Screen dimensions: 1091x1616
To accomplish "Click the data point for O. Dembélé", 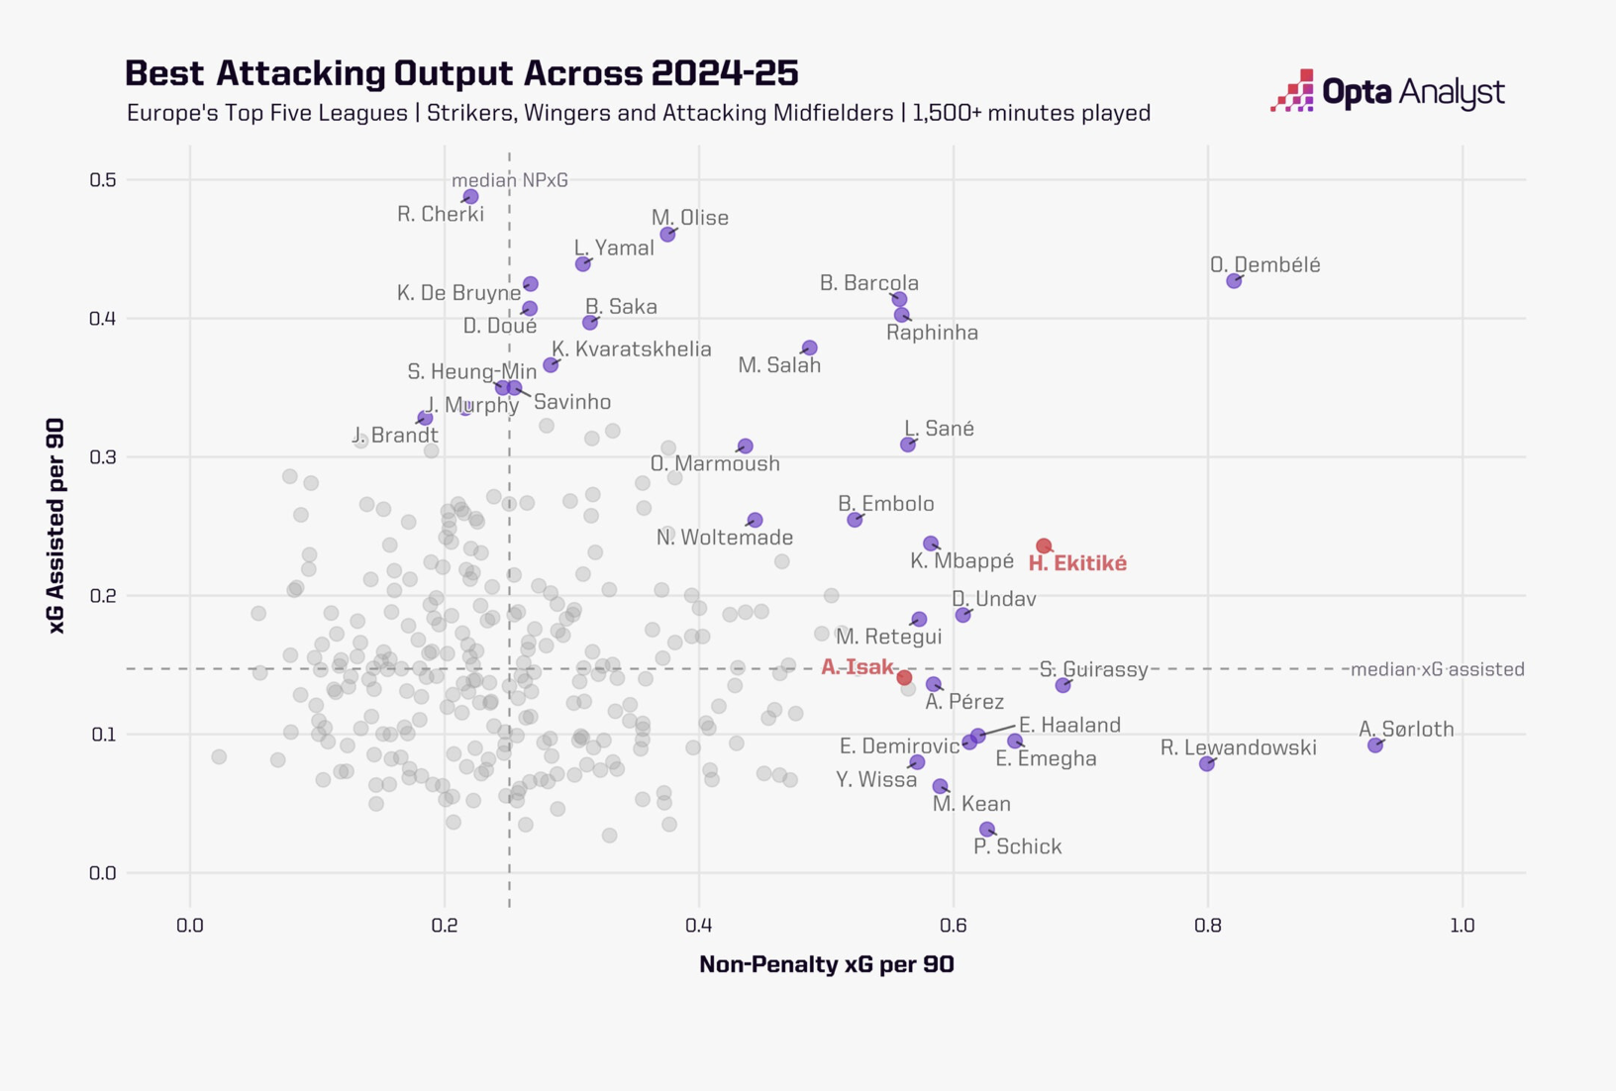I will tap(1234, 281).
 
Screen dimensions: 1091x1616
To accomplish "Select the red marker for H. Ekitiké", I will tap(1044, 545).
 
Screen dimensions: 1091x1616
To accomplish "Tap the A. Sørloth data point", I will tap(1375, 745).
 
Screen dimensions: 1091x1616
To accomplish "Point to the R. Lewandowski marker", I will tap(1206, 764).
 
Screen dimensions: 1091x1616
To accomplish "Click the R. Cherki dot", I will tap(471, 197).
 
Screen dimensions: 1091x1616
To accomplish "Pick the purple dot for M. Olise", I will tap(667, 235).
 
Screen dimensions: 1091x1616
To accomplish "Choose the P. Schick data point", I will tap(987, 830).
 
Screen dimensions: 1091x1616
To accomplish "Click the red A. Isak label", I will tap(858, 667).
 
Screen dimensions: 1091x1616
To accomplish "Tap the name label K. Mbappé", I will tap(961, 561).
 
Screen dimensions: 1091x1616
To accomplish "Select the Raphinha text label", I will tap(932, 333).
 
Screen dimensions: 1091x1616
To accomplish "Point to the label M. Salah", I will tap(779, 365).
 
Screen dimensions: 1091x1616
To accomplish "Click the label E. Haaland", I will tap(1069, 725).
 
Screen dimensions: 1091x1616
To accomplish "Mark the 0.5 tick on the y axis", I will tap(103, 180).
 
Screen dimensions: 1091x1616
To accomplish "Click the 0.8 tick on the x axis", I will tap(1207, 926).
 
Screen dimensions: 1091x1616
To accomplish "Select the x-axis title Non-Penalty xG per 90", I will tap(827, 964).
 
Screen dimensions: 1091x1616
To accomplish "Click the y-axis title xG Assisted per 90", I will tap(55, 526).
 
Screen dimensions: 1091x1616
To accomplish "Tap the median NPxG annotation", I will tap(510, 180).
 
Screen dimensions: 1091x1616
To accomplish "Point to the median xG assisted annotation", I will tap(1438, 669).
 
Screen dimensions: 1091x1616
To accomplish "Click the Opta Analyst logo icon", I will tap(1293, 91).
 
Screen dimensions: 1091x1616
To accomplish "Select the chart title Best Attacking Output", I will tap(461, 73).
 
